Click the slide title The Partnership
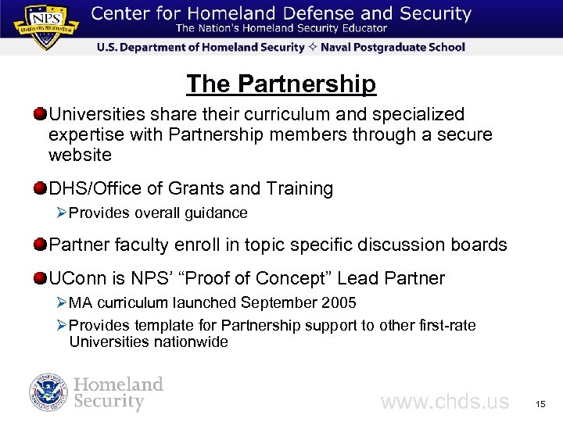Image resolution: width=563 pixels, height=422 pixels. click(x=281, y=84)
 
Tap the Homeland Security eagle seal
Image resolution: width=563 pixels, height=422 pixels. click(x=48, y=393)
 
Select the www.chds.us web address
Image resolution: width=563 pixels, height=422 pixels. click(x=444, y=402)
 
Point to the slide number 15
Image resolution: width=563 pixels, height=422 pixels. click(x=540, y=404)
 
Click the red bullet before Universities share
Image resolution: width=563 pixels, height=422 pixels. click(x=40, y=115)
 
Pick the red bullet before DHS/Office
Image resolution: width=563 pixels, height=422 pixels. click(x=40, y=188)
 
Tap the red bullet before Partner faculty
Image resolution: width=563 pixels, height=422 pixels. click(x=40, y=245)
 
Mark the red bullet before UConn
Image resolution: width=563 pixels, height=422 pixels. click(x=40, y=278)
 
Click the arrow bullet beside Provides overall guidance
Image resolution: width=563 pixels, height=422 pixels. click(x=62, y=213)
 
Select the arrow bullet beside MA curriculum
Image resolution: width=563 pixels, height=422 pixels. click(x=62, y=302)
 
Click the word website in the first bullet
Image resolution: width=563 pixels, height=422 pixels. click(x=80, y=155)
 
